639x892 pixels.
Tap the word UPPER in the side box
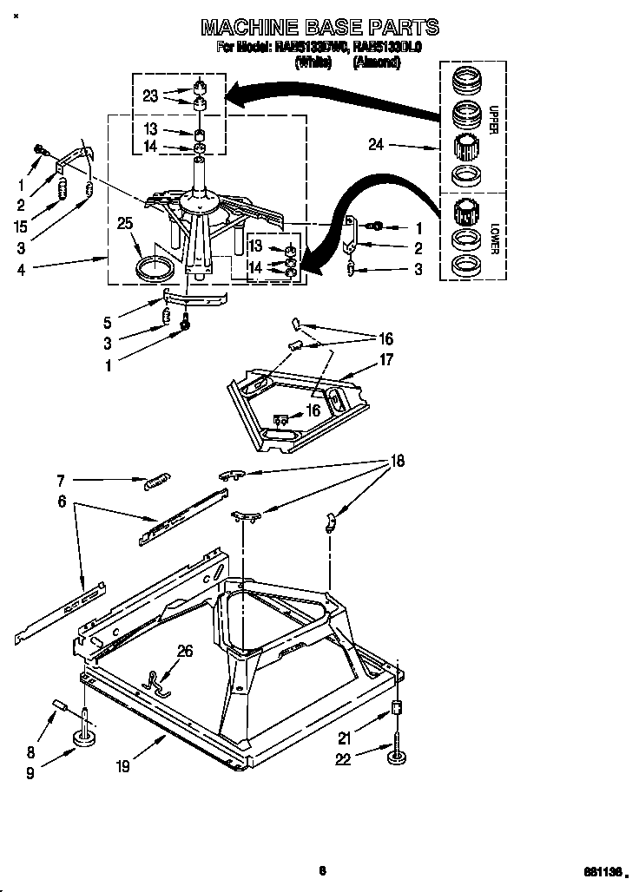[x=492, y=119]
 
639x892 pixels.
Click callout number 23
[x=150, y=96]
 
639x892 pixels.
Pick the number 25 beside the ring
[x=125, y=225]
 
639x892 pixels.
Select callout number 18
[x=398, y=462]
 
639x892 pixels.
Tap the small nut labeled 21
[x=399, y=708]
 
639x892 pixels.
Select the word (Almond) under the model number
[x=376, y=62]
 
